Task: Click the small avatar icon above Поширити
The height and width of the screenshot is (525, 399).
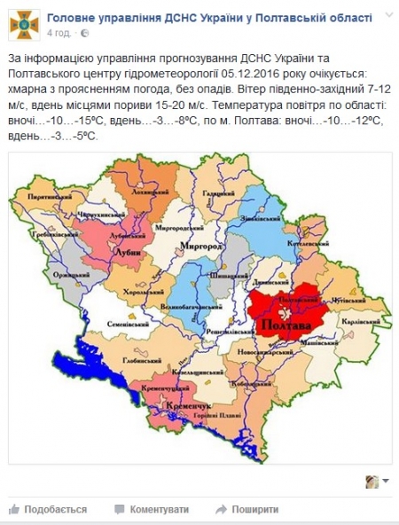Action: pyautogui.click(x=373, y=482)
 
